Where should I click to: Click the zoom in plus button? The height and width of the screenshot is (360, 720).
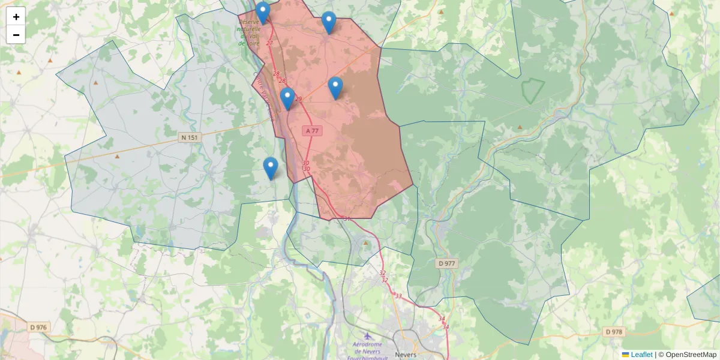16,17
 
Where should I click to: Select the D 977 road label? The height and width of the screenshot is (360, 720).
446,263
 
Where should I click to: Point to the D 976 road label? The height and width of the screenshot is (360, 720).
39,328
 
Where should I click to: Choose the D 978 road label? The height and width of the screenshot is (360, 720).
615,332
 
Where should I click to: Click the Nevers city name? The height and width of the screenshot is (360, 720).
406,355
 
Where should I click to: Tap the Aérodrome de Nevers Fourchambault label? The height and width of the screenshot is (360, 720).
367,348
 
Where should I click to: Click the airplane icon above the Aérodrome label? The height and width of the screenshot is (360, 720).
367,336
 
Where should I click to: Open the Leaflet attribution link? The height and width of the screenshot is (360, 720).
641,355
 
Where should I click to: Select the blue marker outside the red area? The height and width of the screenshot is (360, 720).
271,168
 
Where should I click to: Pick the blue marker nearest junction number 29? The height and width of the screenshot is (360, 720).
287,98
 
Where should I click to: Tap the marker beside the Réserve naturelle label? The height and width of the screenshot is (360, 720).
263,13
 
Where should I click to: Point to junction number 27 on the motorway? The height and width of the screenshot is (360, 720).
269,43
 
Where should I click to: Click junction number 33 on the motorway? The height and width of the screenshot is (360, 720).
398,296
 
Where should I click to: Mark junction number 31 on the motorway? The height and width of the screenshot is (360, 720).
347,219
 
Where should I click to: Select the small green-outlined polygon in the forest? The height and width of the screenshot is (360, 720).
532,90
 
